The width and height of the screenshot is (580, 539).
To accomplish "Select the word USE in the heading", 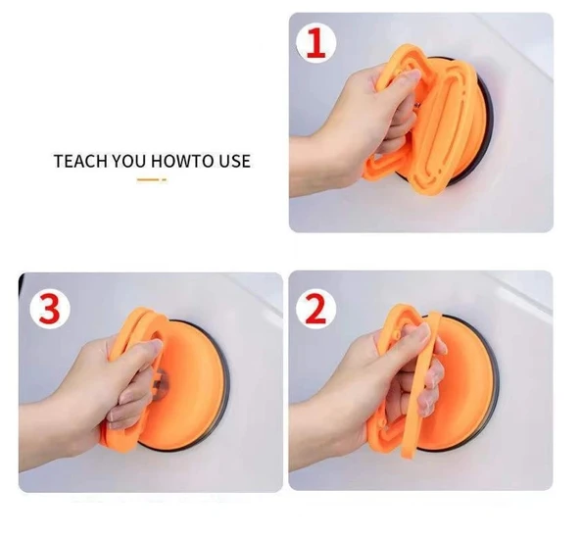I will click(233, 161).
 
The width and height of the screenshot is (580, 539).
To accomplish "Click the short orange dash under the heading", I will click(148, 180).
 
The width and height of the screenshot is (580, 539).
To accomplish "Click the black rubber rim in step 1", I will click(486, 118).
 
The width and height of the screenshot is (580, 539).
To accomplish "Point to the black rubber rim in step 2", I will click(493, 392).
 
